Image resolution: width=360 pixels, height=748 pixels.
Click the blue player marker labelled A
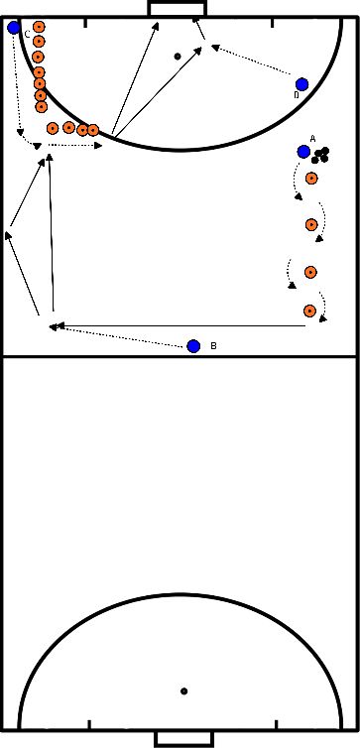(x=302, y=152)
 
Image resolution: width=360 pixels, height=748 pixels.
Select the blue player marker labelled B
(x=193, y=345)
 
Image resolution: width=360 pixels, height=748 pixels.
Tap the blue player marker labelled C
(x=14, y=28)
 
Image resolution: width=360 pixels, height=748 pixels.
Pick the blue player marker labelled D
(x=301, y=84)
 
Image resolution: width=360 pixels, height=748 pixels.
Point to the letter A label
(x=312, y=138)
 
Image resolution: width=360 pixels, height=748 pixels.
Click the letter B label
(x=213, y=346)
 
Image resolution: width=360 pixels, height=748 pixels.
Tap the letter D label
(x=296, y=96)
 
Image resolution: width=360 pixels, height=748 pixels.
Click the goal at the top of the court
(x=179, y=8)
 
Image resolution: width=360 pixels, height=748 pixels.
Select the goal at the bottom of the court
(x=180, y=739)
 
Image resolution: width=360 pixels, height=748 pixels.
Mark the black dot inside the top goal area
(x=178, y=56)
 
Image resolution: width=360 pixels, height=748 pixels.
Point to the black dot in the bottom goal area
(x=183, y=690)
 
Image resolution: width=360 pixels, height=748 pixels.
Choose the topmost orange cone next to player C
(x=39, y=27)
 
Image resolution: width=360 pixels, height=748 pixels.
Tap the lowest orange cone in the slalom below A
(x=310, y=311)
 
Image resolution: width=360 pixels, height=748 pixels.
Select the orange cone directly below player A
(x=311, y=179)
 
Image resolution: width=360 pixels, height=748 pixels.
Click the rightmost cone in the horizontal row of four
(x=93, y=130)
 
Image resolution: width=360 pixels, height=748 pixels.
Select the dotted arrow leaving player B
(x=119, y=334)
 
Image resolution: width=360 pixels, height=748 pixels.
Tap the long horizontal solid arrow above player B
(x=179, y=324)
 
